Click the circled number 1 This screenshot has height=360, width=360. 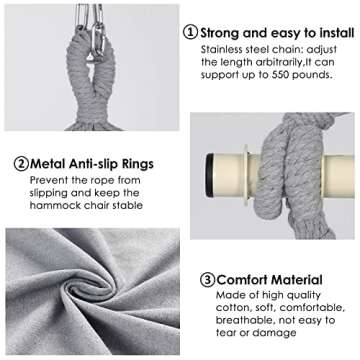[190, 32]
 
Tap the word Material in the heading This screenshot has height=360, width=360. [299, 280]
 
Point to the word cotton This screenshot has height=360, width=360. [219, 311]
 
